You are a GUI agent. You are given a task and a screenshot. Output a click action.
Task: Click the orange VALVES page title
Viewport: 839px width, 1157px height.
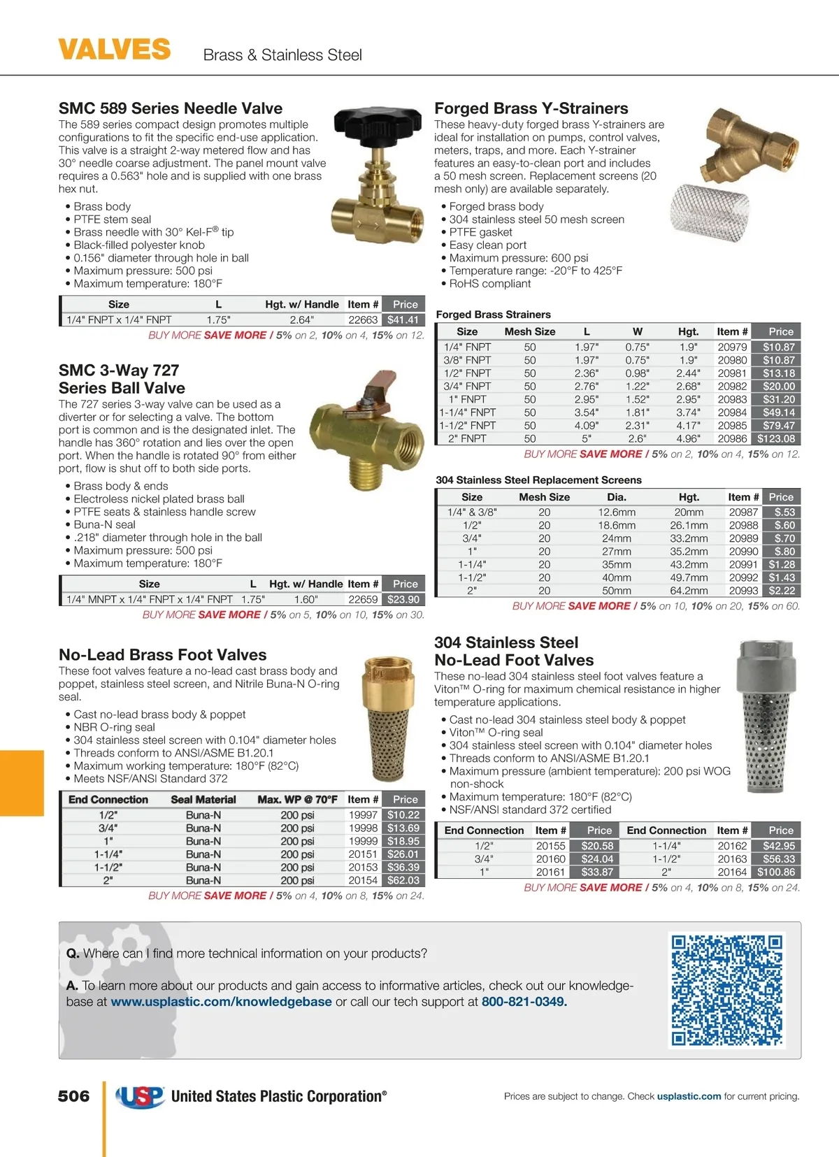[114, 50]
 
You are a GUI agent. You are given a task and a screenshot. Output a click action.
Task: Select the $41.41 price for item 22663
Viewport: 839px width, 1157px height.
[403, 319]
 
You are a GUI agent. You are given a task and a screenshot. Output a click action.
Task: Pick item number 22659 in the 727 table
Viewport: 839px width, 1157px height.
[363, 599]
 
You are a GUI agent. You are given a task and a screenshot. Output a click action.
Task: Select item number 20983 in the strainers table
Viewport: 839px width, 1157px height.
[732, 399]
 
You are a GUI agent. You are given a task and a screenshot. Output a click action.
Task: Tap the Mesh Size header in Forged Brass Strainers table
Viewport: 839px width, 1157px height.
[530, 331]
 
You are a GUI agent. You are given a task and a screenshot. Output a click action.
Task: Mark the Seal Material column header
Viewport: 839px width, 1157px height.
[203, 799]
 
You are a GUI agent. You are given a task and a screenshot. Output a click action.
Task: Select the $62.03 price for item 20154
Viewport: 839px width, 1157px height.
[403, 880]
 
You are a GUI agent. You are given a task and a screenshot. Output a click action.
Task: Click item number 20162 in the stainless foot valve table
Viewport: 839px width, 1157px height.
[732, 846]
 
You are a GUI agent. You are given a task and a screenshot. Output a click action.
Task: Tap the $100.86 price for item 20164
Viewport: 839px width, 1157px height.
[776, 872]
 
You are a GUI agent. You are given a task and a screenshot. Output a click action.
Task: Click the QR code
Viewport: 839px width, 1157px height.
[726, 990]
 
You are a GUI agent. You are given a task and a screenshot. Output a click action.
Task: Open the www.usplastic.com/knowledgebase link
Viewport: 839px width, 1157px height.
[221, 1002]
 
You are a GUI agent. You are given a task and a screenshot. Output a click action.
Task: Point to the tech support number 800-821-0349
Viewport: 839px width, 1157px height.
[524, 1002]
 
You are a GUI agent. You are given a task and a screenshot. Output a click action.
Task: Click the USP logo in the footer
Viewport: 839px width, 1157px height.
[140, 1097]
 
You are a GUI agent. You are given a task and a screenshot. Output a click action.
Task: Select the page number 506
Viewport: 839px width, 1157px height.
[73, 1096]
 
